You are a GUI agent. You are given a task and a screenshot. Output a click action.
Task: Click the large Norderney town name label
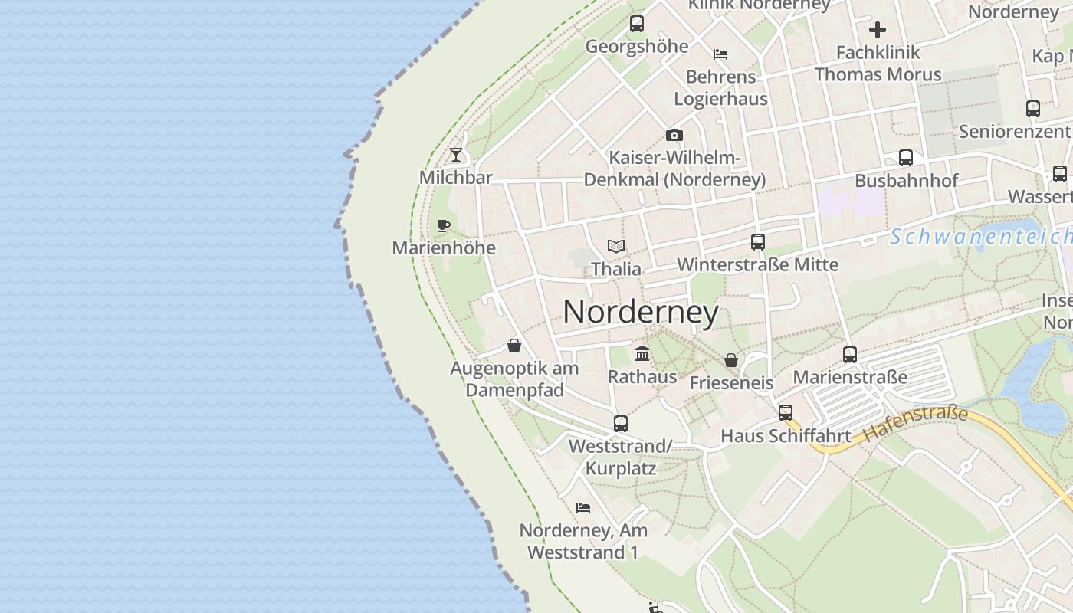click(641, 312)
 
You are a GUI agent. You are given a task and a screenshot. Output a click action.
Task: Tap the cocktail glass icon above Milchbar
click(456, 155)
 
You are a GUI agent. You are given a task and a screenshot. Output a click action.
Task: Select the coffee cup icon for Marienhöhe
click(443, 225)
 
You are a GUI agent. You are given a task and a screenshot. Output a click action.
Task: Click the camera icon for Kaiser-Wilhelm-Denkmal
click(674, 136)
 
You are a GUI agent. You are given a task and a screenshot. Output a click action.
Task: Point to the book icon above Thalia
click(616, 246)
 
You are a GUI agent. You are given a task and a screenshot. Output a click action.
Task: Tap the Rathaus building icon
click(642, 354)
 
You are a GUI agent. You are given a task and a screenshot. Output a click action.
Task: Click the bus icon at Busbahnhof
click(906, 159)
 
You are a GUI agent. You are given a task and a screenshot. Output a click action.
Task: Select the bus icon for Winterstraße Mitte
click(758, 242)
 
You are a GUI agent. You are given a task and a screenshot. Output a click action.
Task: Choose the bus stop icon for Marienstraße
click(850, 355)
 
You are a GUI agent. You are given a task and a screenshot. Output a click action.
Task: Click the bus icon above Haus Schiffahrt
click(786, 413)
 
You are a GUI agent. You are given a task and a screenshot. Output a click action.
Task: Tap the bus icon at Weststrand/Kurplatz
click(621, 423)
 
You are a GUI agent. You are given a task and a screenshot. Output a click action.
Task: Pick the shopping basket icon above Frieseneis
click(731, 360)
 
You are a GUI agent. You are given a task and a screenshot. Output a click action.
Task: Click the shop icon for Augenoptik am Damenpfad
click(514, 346)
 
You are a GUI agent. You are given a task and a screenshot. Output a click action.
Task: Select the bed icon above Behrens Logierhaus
click(720, 54)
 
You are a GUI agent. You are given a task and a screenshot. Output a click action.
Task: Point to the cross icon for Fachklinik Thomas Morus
click(878, 31)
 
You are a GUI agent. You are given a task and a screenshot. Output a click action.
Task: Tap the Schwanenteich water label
click(981, 237)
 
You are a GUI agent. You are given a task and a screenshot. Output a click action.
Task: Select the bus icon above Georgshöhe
click(637, 24)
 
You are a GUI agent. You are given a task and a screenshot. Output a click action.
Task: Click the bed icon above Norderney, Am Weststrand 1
click(583, 507)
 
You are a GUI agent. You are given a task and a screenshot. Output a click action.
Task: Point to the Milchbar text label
click(456, 178)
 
